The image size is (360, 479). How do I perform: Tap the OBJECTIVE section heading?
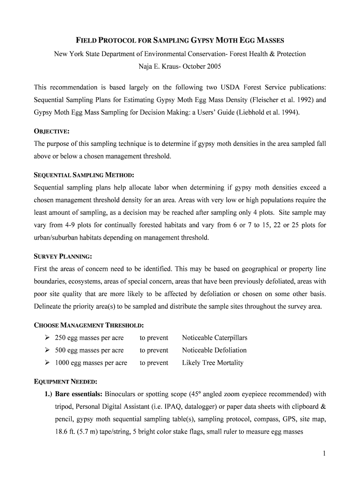[52, 131]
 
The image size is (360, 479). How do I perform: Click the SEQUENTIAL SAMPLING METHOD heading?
[84, 175]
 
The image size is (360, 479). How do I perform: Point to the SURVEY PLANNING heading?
[63, 256]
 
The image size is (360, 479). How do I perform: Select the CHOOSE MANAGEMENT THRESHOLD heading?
[89, 325]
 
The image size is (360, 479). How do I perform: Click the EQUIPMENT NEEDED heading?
[66, 381]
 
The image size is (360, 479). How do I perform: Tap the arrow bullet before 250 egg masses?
[47, 338]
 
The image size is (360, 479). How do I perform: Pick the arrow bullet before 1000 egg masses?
[47, 363]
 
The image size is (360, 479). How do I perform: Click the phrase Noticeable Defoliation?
[214, 350]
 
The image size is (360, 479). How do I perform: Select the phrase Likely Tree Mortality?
[213, 363]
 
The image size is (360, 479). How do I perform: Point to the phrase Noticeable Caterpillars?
[215, 338]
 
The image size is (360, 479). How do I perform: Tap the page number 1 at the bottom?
[324, 453]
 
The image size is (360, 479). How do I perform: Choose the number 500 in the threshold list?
[60, 350]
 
